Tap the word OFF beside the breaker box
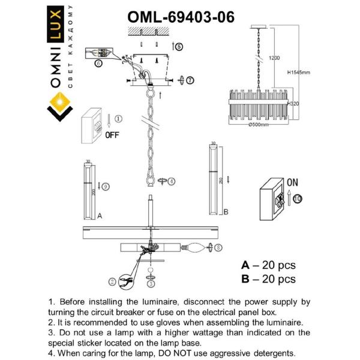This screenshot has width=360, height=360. pyautogui.click(x=112, y=134)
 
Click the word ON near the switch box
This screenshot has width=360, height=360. pyautogui.click(x=292, y=181)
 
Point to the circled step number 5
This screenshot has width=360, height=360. pyautogui.click(x=179, y=46)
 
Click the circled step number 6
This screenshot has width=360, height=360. pyautogui.click(x=98, y=63)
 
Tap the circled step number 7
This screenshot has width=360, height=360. pyautogui.click(x=190, y=80)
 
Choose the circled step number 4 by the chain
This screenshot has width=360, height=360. pyautogui.click(x=172, y=181)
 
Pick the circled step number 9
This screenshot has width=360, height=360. pyautogui.click(x=106, y=187)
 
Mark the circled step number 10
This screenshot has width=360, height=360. pyautogui.click(x=298, y=199)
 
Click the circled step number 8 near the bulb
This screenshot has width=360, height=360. pyautogui.click(x=218, y=247)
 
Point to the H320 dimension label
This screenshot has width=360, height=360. pyautogui.click(x=294, y=104)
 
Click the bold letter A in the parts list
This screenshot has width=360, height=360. pyautogui.click(x=245, y=265)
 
